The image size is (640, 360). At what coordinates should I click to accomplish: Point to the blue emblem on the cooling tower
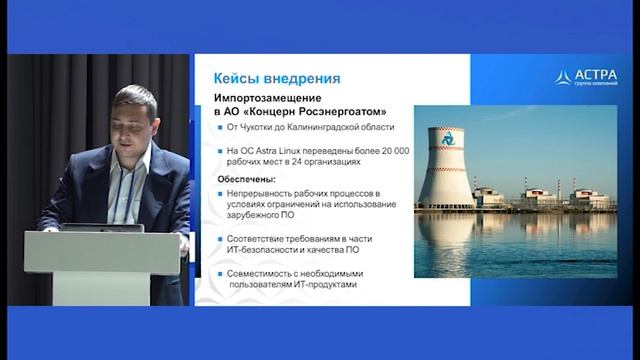coord(447,138)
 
